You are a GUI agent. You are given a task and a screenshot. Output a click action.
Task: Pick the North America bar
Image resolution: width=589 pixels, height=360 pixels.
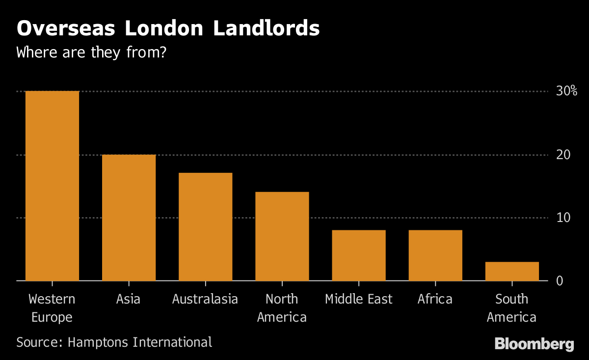pos(282,236)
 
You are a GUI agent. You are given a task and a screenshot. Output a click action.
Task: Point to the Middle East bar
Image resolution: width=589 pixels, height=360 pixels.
pos(359,255)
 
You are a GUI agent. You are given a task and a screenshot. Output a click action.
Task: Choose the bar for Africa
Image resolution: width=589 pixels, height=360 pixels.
pos(435,255)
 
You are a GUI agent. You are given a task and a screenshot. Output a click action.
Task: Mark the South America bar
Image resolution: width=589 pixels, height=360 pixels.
pos(512,271)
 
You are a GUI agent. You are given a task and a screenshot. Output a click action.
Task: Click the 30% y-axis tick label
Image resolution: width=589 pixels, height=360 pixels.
pos(566,91)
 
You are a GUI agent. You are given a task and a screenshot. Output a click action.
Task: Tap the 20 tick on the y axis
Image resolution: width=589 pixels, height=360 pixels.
pos(563,155)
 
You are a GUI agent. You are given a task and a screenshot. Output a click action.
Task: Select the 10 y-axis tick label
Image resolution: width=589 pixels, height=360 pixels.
pos(563,218)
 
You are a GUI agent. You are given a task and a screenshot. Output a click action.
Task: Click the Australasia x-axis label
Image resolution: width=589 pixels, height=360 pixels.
pos(205,299)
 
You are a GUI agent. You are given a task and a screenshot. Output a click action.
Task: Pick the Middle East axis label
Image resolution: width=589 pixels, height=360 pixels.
pos(359,299)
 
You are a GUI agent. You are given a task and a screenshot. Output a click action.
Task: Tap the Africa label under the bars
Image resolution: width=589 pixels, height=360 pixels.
pos(435,299)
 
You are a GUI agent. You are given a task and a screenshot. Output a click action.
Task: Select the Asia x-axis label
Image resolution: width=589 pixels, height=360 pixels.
pos(129,299)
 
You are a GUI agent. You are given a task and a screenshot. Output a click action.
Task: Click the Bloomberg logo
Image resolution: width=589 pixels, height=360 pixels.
pos(534,344)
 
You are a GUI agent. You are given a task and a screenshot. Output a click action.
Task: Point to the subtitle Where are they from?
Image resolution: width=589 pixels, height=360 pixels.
pos(92,52)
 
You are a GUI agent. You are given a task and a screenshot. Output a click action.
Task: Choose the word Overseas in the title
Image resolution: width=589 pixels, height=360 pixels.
pos(66,28)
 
